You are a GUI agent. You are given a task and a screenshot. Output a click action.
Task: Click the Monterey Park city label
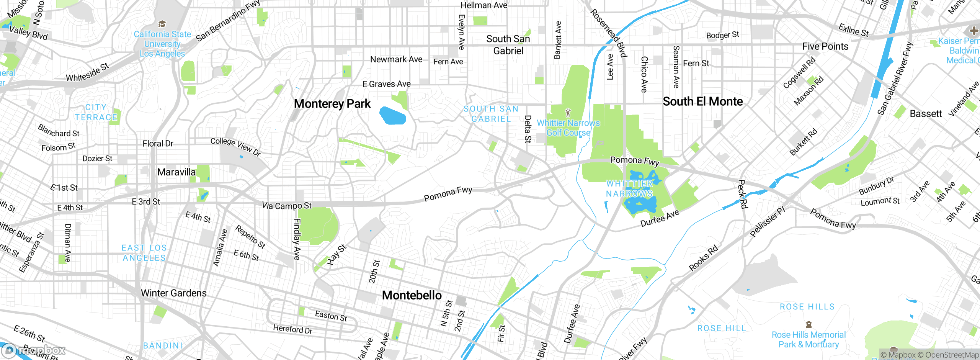click(x=332, y=104)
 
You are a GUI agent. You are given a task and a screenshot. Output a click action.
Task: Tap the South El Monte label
click(x=702, y=101)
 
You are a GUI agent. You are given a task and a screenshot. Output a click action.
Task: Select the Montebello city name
click(x=412, y=295)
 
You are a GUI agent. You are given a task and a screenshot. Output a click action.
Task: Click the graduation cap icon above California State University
click(x=162, y=24)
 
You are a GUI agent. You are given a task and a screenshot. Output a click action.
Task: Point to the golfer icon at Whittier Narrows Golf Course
click(x=568, y=113)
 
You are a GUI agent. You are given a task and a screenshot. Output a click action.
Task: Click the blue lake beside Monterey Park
click(x=392, y=116)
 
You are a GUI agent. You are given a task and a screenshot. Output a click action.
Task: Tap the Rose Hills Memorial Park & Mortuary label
click(x=808, y=340)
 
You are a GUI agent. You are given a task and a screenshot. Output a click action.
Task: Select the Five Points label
click(x=825, y=46)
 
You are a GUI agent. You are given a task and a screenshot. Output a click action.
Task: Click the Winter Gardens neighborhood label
click(x=173, y=293)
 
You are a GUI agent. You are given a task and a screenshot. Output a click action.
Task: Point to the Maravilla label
click(x=176, y=172)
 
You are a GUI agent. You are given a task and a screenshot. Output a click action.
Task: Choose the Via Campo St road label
click(x=286, y=206)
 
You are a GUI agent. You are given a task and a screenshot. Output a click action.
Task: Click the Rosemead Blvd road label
click(x=608, y=33)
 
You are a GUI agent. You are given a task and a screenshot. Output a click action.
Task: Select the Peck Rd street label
click(x=742, y=194)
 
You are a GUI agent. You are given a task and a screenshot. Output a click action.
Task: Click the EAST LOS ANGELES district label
click(x=144, y=253)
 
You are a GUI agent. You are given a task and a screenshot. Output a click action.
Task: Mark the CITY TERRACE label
click(x=96, y=113)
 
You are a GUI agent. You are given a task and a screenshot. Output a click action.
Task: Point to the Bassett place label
click(x=925, y=114)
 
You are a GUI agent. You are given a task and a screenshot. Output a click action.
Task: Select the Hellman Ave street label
click(x=483, y=5)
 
